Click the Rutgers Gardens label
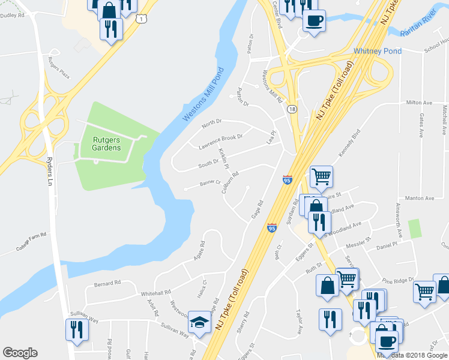coord(106,144)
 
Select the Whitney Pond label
coord(378,52)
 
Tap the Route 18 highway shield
coord(291,109)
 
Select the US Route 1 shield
coord(141,19)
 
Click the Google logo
coord(20,353)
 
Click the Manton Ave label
coord(420,198)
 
